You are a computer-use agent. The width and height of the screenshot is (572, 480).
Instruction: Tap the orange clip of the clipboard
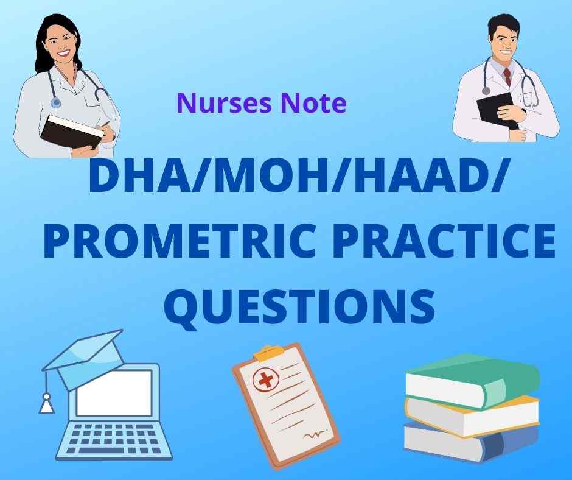(x=270, y=351)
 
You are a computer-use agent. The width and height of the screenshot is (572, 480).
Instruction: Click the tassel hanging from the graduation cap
(x=47, y=403)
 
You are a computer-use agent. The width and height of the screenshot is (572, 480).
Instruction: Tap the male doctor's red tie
(x=507, y=77)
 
